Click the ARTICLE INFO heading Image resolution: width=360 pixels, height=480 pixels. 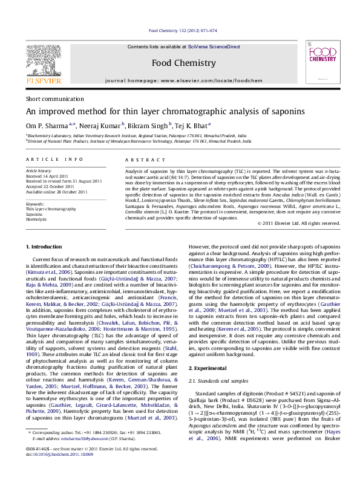[x=54, y=159]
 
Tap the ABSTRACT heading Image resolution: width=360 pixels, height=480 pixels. [x=140, y=159]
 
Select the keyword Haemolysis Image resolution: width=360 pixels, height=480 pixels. [x=36, y=219]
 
